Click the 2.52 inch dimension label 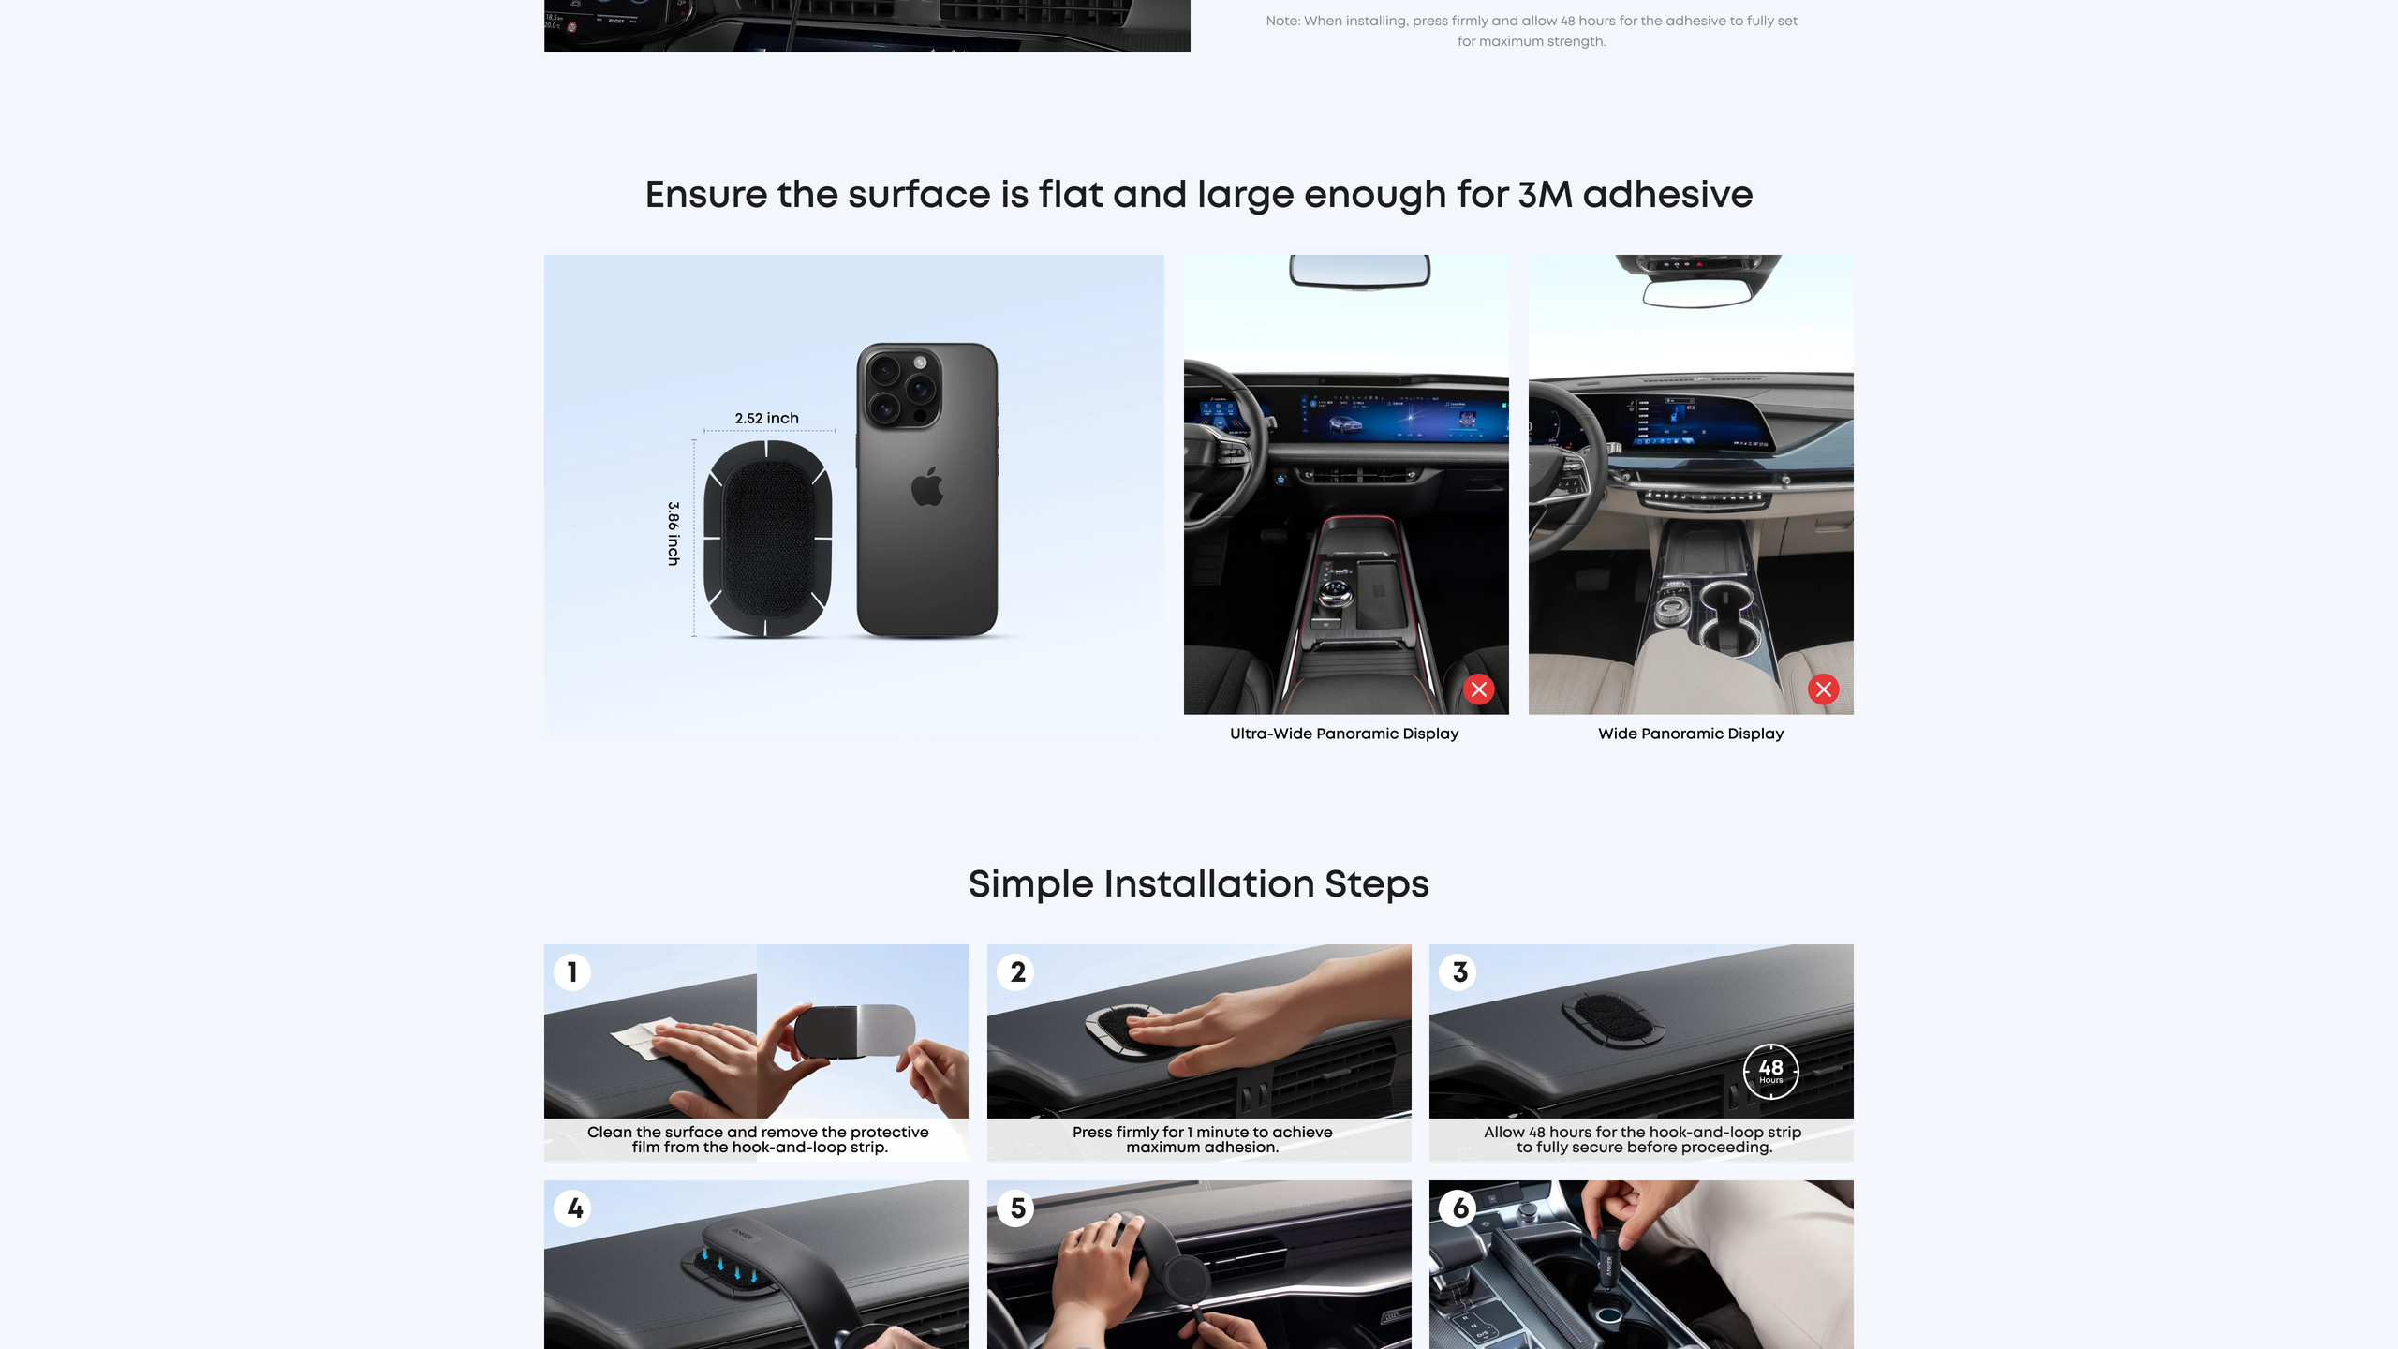pyautogui.click(x=766, y=418)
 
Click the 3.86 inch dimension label pyautogui.click(x=674, y=533)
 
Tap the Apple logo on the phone pyautogui.click(x=927, y=485)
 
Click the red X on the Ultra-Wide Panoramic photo pyautogui.click(x=1479, y=689)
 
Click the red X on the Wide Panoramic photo pyautogui.click(x=1823, y=689)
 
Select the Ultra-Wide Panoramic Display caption pyautogui.click(x=1344, y=734)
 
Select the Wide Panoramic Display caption pyautogui.click(x=1691, y=734)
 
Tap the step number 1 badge pyautogui.click(x=572, y=971)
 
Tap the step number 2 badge pyautogui.click(x=1016, y=971)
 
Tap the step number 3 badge pyautogui.click(x=1458, y=971)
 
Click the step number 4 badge pyautogui.click(x=573, y=1208)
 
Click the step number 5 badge pyautogui.click(x=1016, y=1208)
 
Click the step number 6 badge pyautogui.click(x=1458, y=1208)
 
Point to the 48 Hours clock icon pyautogui.click(x=1770, y=1070)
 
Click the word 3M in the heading pyautogui.click(x=1545, y=195)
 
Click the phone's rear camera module pyautogui.click(x=899, y=386)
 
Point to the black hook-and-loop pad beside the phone pyautogui.click(x=767, y=539)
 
